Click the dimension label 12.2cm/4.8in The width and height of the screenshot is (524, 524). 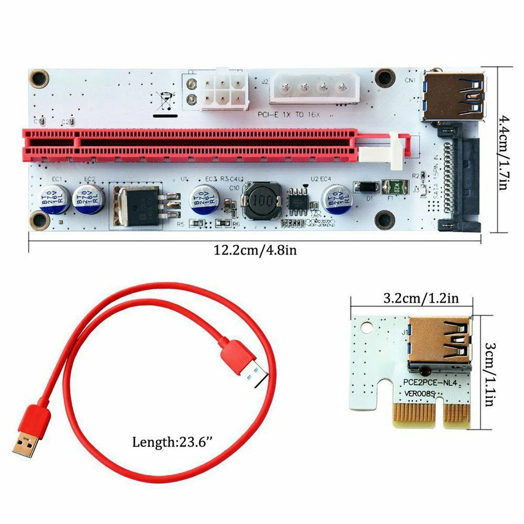point(255,250)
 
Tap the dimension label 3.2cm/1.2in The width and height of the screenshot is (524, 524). point(421,299)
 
